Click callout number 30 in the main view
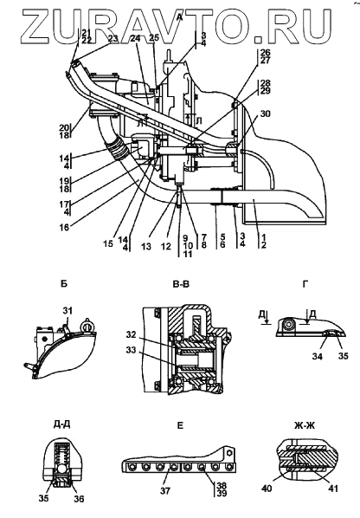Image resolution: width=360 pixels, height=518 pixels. pos(265,113)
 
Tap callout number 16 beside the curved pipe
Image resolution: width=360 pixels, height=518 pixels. pos(65,227)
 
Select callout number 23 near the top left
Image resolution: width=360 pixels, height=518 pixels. pos(112,38)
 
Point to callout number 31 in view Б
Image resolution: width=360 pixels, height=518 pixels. pos(67,310)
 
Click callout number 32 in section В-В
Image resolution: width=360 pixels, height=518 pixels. pos(131,334)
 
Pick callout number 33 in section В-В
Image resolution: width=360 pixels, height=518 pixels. pos(131,350)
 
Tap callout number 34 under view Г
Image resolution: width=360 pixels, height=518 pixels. pos(317,357)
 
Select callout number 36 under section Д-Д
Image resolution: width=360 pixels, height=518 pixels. pos(79,499)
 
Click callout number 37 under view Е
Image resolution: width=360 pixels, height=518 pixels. pos(165,491)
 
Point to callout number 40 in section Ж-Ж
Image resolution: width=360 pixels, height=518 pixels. pos(267,488)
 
